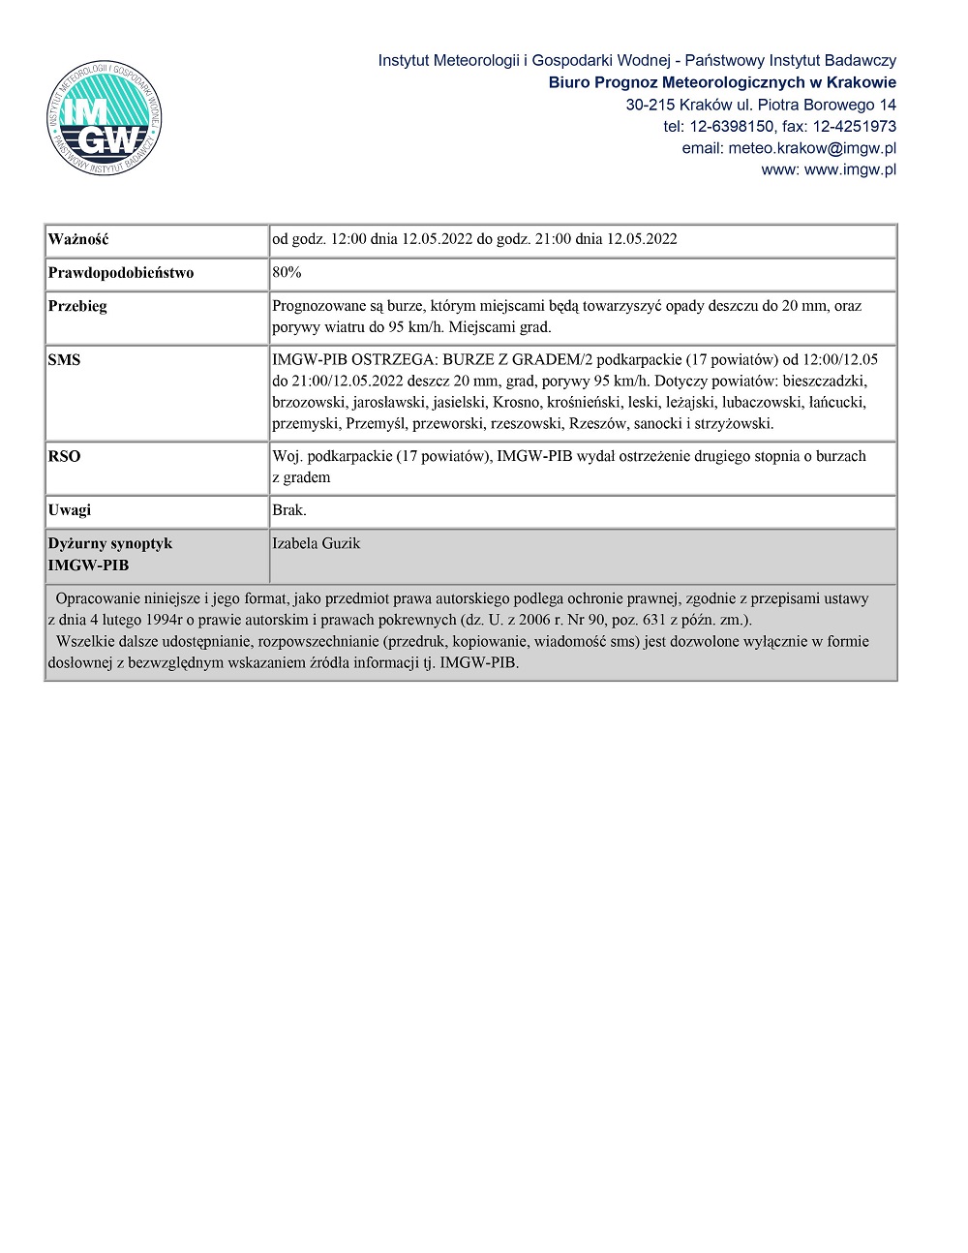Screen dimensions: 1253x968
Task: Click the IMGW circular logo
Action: [x=105, y=118]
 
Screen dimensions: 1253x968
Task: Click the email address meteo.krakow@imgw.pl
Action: [x=811, y=148]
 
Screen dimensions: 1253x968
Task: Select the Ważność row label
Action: [x=78, y=239]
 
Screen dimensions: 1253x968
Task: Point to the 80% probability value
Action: [x=287, y=272]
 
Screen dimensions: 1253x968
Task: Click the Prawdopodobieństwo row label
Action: [x=121, y=272]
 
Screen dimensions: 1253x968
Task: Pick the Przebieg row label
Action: [x=77, y=306]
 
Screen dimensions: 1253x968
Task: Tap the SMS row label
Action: [x=64, y=360]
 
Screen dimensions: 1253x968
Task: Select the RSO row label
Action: [x=64, y=456]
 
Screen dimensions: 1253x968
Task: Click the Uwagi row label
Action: [x=70, y=510]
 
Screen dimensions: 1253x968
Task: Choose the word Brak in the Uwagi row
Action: [x=288, y=510]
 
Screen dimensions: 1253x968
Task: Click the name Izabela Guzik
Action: [x=316, y=543]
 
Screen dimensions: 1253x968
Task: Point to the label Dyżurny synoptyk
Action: [x=110, y=543]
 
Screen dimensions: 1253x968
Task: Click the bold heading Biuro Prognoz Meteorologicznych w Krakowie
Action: [x=722, y=82]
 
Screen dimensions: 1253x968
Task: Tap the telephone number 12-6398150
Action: [x=731, y=126]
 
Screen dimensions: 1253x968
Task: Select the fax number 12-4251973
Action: [x=854, y=126]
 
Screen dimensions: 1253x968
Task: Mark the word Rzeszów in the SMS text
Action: [x=597, y=423]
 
